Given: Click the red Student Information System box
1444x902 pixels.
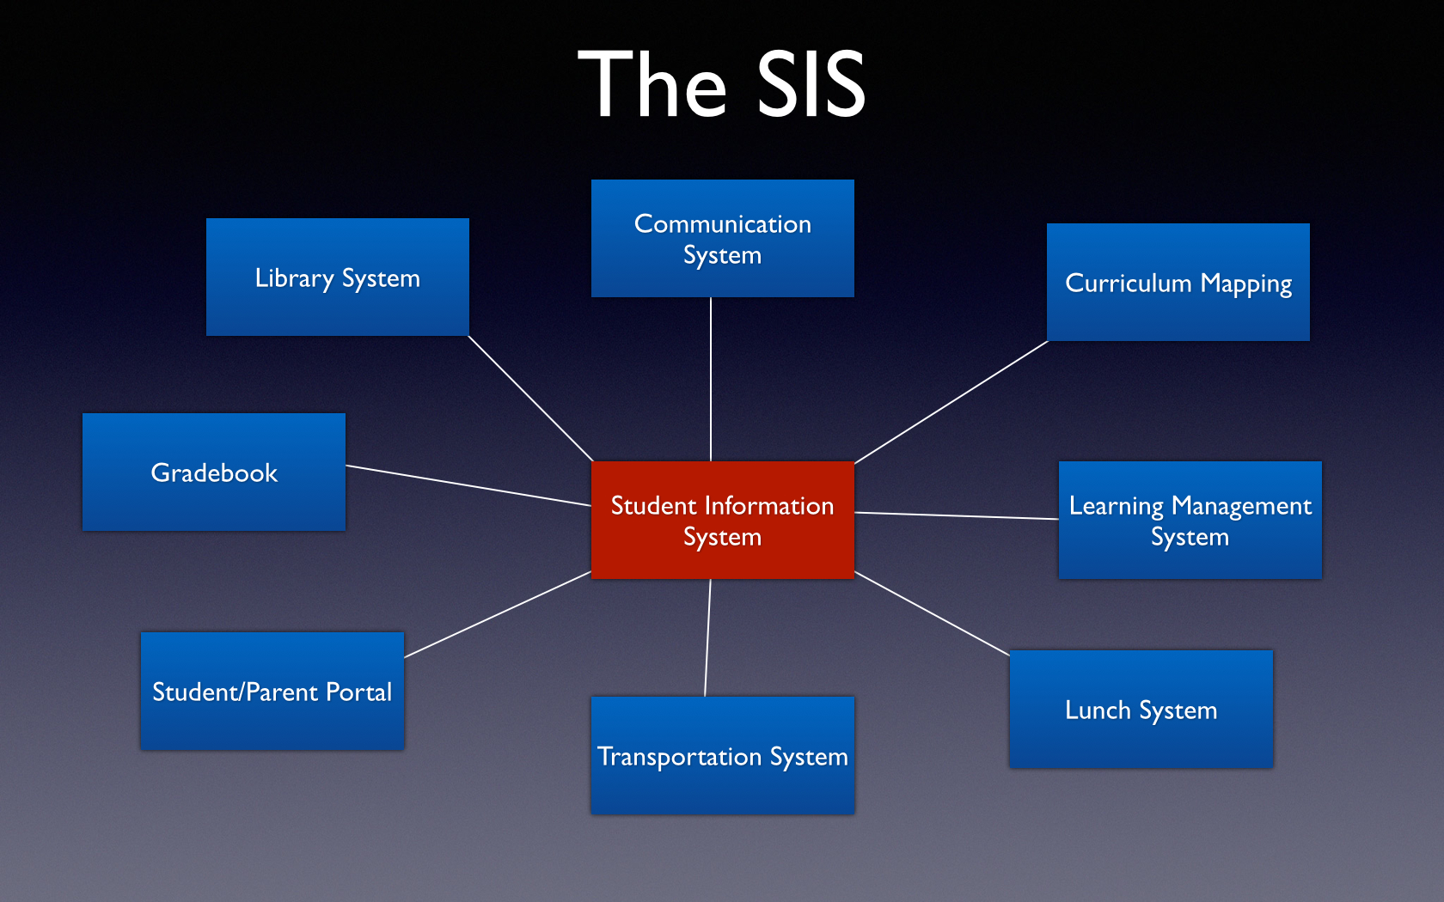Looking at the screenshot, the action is [723, 520].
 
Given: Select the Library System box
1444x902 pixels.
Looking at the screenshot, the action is [337, 277].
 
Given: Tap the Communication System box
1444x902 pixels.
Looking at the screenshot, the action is [723, 239].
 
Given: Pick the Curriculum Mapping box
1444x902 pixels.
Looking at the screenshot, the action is [1178, 282].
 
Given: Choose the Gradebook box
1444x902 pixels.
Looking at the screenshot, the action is [214, 472].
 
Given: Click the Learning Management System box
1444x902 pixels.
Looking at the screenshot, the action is [1190, 520].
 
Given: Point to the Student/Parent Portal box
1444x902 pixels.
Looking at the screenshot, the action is [272, 691].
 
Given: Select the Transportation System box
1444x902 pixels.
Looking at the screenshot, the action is [723, 755].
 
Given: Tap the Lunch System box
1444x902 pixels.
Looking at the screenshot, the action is [1141, 709].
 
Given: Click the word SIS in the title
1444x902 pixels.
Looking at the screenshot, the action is [811, 84].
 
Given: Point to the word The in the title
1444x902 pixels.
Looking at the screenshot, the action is [652, 84].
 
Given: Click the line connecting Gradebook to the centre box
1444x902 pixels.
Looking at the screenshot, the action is [468, 485].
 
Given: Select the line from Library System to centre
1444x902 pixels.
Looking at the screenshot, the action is [529, 399].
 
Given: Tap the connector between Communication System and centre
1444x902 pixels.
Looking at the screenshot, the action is [710, 379].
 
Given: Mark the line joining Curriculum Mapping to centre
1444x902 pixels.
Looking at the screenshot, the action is [951, 402].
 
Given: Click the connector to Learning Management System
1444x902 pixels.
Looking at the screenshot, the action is [957, 515].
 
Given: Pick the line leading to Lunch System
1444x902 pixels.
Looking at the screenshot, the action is [932, 614].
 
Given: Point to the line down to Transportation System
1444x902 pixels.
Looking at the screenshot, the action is [707, 637].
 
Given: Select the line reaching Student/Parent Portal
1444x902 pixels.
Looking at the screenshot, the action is [498, 614].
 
